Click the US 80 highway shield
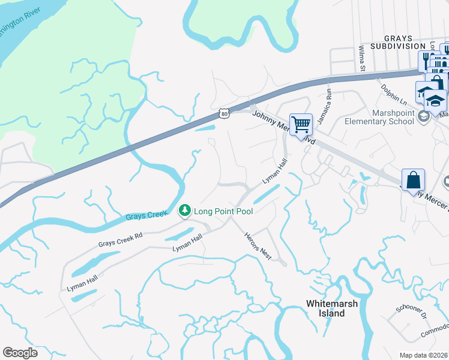(x=224, y=113)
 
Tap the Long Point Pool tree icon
(x=184, y=211)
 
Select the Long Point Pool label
(x=223, y=211)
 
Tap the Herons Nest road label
(x=259, y=246)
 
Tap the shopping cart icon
(x=301, y=125)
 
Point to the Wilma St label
(x=362, y=58)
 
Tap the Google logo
(x=20, y=352)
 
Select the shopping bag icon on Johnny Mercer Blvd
(x=413, y=179)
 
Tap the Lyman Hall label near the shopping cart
(x=273, y=172)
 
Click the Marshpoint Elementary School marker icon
(x=424, y=116)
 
